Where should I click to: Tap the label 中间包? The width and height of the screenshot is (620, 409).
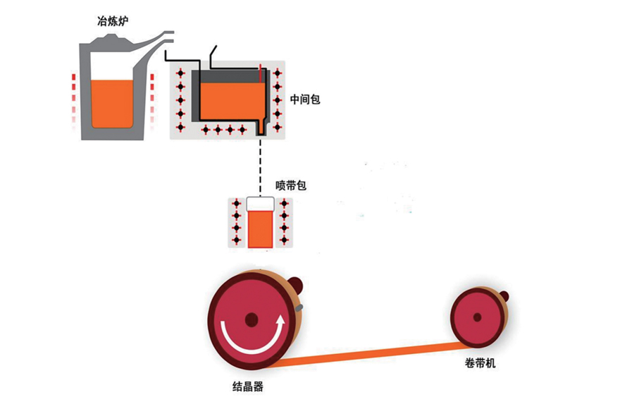point(305,99)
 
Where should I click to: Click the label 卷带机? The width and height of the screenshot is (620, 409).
point(480,364)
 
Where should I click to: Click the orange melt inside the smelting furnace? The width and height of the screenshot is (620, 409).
point(112,102)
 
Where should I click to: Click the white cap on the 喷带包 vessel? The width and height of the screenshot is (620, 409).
point(259,204)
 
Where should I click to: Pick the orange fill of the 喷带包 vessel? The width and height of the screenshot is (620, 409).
point(259,228)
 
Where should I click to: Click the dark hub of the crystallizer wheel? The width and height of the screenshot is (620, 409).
point(252,320)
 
